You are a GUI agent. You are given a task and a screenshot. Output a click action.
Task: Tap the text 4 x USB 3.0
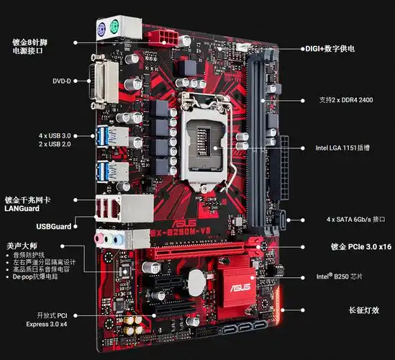tap(56, 135)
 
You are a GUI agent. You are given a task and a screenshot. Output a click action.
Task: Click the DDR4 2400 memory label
tap(346, 99)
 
